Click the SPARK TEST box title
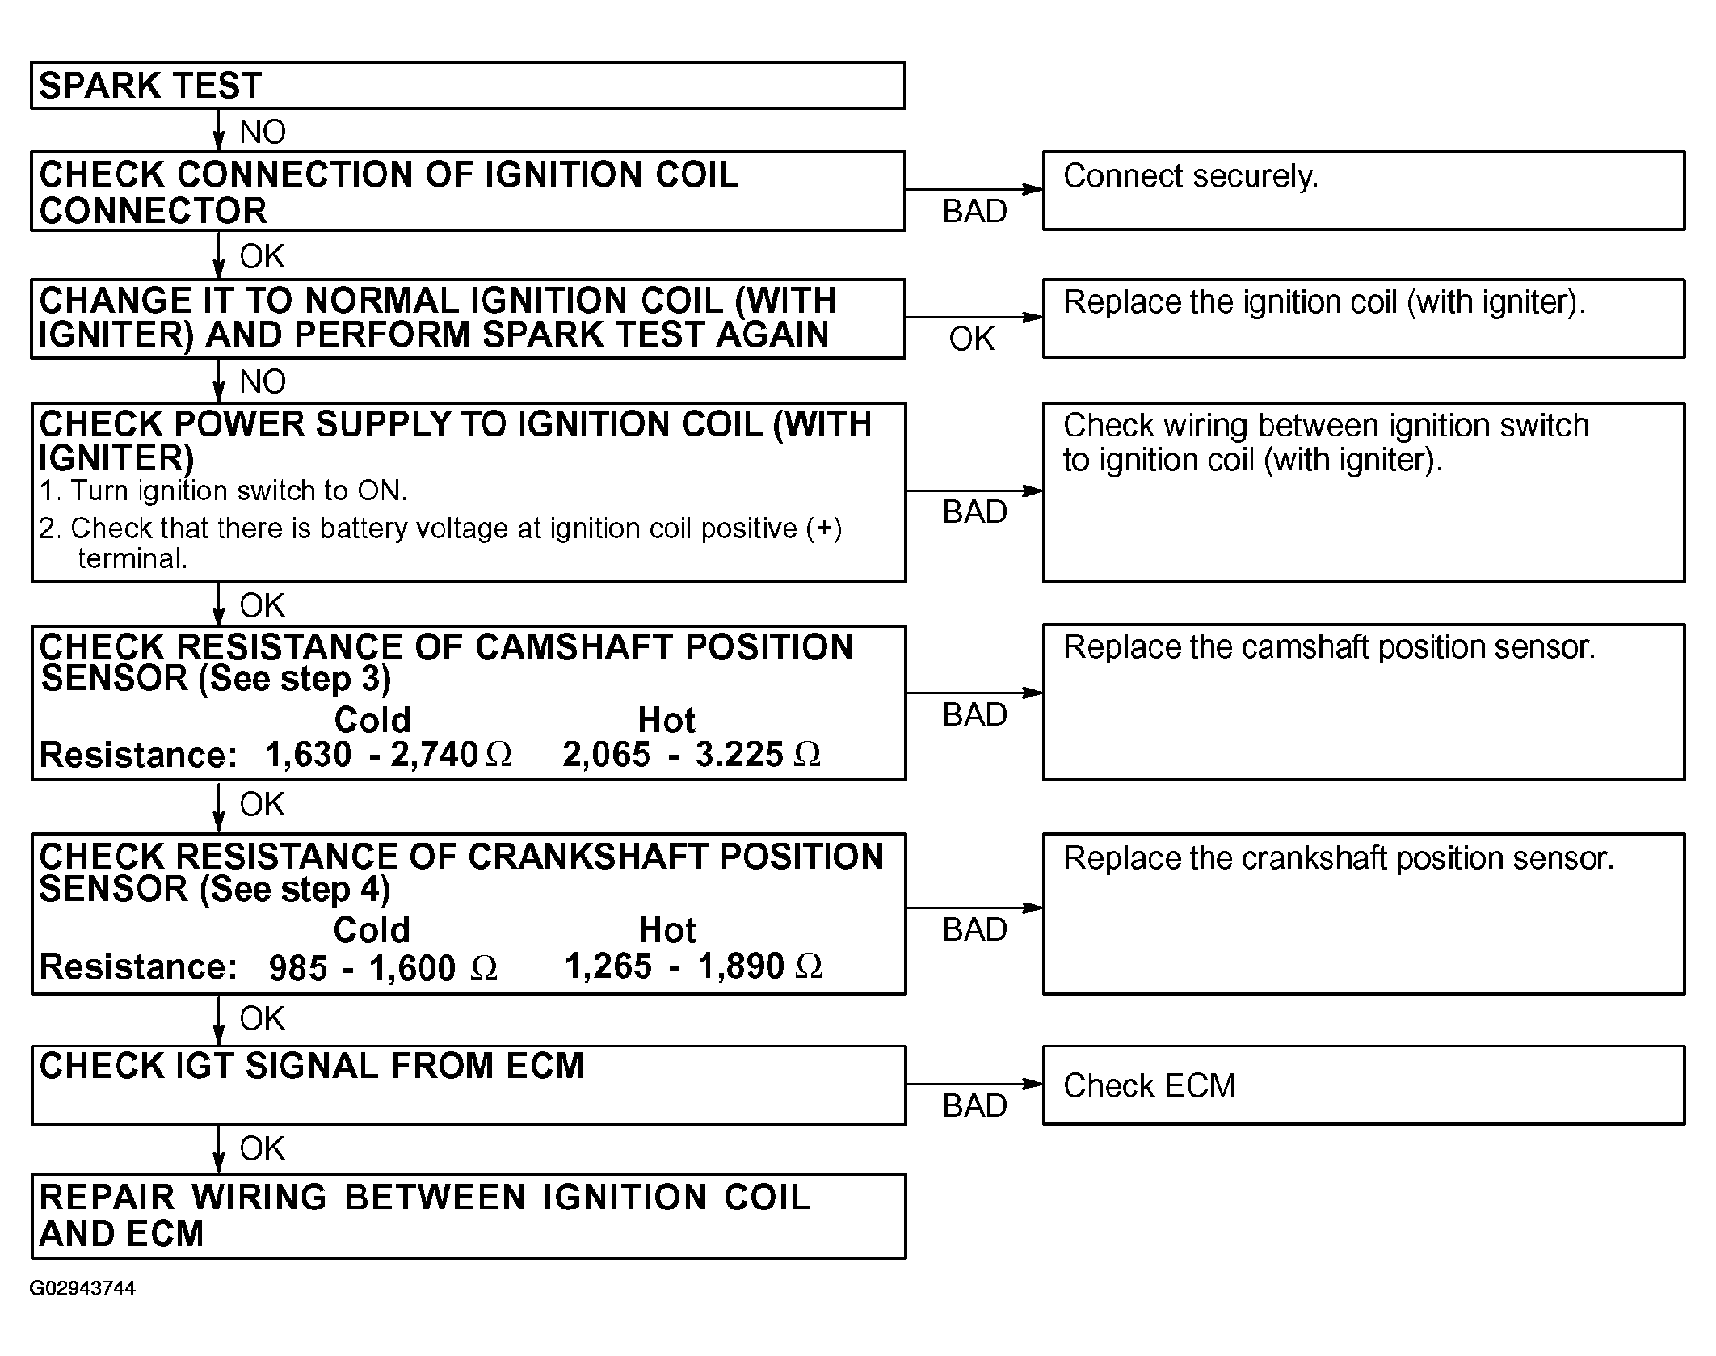coord(150,86)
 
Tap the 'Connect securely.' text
coord(1190,176)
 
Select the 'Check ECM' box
coord(1364,1085)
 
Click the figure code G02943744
coord(82,1288)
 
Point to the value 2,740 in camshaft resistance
coord(435,755)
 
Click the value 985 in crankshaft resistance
coord(298,968)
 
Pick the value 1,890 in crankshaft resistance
coord(740,966)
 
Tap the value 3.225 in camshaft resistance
coord(739,755)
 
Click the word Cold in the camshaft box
coord(372,719)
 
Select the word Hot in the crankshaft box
coord(667,930)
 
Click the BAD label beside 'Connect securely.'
coord(974,212)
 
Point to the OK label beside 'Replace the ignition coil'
coord(972,339)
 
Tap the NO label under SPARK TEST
coord(263,132)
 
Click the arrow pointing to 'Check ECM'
coord(974,1084)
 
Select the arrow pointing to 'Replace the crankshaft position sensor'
coord(974,908)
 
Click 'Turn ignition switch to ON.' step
coord(223,491)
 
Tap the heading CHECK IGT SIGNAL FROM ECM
coord(311,1066)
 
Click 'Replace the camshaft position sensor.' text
coord(1329,647)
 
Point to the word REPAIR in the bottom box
coord(107,1198)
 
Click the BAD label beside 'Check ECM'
coord(974,1106)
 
